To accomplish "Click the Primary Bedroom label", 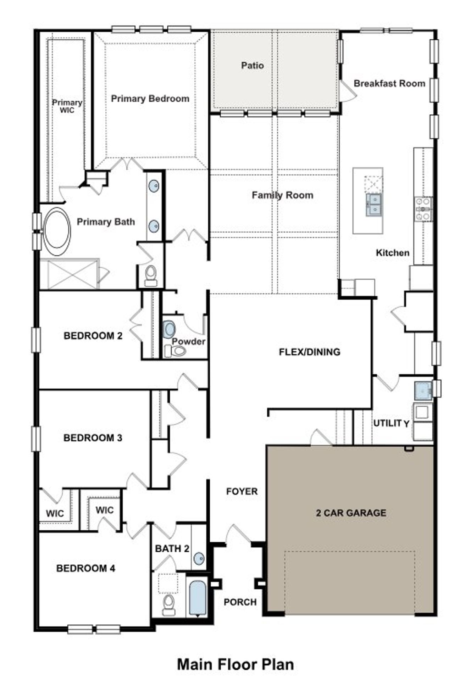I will click(x=150, y=99).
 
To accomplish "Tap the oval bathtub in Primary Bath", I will click(x=56, y=231).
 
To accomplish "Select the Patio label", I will click(x=252, y=66).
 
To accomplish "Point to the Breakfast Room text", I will click(x=389, y=84).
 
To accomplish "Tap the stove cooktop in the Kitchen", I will click(x=423, y=210).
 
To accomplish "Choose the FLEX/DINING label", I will click(x=309, y=352).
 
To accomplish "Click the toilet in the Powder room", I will click(x=175, y=351).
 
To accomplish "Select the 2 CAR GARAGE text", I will click(x=351, y=513).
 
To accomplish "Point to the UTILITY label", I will click(x=391, y=423).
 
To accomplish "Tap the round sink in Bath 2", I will click(x=199, y=559).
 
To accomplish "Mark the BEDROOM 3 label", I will click(x=93, y=438).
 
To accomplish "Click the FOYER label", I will click(x=242, y=491).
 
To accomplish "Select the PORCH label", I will click(x=240, y=602).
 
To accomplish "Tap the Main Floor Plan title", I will click(x=235, y=664).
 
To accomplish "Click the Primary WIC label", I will click(x=67, y=106).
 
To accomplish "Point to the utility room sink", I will click(x=423, y=390).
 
